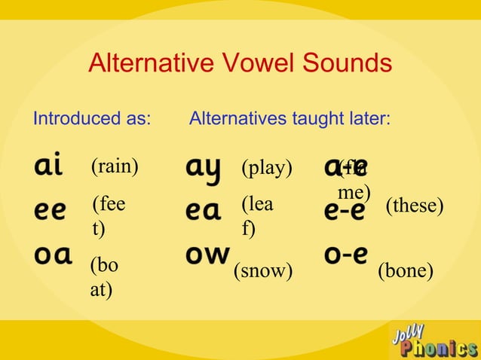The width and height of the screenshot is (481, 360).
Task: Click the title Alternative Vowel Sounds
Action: (240, 63)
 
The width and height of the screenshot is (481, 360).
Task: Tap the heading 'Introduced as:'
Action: (92, 118)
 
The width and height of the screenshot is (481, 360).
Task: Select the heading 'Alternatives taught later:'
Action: (290, 118)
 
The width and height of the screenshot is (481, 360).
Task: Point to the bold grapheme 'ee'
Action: (50, 210)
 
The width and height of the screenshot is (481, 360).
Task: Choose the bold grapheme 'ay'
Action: (204, 169)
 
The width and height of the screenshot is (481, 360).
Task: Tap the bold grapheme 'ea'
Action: (204, 212)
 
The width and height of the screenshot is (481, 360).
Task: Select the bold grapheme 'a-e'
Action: (346, 166)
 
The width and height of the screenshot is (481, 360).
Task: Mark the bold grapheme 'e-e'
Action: (345, 211)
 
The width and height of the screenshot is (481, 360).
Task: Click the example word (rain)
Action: (115, 166)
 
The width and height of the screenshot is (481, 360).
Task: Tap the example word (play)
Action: (266, 167)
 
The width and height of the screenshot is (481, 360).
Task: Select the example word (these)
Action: (414, 206)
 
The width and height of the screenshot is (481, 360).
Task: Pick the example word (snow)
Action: (263, 271)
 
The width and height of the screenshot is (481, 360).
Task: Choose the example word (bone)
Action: (406, 271)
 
